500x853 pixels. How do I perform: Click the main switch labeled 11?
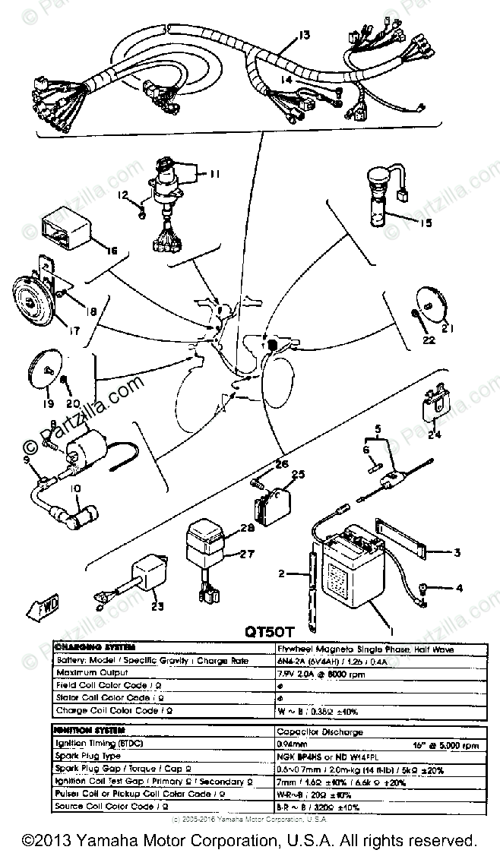click(x=169, y=182)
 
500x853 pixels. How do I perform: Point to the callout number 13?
click(x=305, y=36)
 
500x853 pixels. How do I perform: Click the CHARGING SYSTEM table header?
click(x=95, y=647)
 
